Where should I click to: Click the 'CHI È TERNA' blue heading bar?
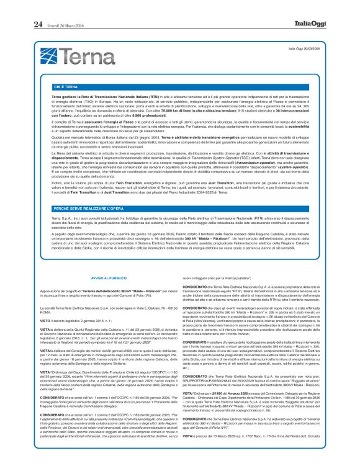click(x=65, y=87)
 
